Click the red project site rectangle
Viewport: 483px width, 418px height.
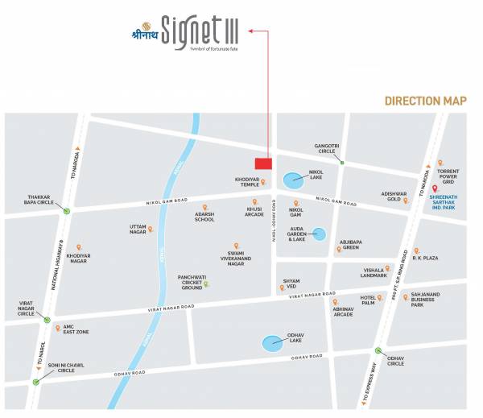(263, 163)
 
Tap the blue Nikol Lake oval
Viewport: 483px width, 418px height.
(291, 177)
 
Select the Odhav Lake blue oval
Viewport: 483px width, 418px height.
(273, 345)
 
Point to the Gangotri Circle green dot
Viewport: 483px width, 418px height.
(341, 163)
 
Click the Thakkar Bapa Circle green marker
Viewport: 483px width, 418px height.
(68, 211)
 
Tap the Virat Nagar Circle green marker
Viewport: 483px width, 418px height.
(45, 320)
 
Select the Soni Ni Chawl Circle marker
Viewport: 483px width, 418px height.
(36, 382)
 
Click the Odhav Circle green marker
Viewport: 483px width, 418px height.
(378, 350)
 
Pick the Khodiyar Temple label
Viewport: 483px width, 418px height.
(248, 181)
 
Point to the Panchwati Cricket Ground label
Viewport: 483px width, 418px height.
(192, 282)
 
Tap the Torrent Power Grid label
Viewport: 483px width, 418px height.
(448, 176)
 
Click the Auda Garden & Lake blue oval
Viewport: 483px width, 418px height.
(319, 234)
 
